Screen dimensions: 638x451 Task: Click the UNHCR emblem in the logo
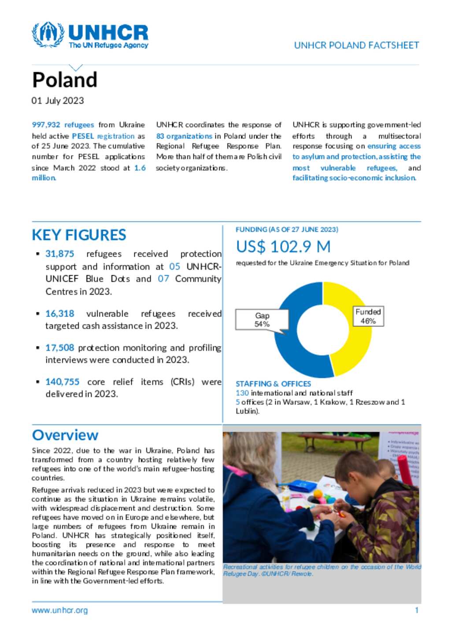(48, 34)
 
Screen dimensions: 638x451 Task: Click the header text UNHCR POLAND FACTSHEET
(356, 45)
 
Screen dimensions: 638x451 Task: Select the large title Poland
(65, 80)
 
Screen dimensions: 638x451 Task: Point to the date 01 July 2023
(58, 101)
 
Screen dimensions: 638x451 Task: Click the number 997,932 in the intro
(46, 125)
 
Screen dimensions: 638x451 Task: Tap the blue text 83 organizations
(184, 136)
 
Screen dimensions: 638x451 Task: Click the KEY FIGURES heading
(79, 235)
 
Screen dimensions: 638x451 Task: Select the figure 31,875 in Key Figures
(59, 254)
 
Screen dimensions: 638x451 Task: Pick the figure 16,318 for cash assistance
(59, 314)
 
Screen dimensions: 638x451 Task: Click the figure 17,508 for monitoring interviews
(59, 348)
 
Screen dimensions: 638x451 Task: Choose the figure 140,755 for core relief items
(62, 382)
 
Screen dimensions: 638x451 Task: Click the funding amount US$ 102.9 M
(283, 247)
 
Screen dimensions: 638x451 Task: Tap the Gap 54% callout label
(262, 320)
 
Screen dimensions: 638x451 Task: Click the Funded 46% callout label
(368, 316)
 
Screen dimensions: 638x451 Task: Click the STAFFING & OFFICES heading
(273, 384)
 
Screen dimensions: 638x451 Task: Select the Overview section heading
(65, 435)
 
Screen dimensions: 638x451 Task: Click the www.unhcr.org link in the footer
(59, 611)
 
